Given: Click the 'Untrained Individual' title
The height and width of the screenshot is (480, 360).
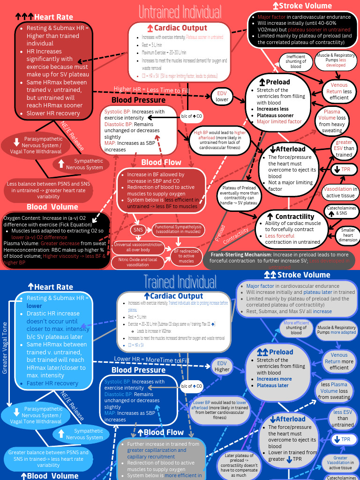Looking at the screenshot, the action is (180, 11).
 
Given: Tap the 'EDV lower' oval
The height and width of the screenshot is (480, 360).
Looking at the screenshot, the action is (222, 96).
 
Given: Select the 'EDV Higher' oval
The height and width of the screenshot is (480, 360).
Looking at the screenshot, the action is (222, 366).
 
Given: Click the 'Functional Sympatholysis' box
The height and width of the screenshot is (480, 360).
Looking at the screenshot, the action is (178, 230).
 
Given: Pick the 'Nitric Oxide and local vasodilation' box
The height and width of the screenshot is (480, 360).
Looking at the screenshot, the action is (137, 262).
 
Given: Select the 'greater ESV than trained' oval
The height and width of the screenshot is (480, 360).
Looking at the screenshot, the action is (344, 149).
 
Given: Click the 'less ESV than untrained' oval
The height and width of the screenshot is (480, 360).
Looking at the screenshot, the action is (343, 418).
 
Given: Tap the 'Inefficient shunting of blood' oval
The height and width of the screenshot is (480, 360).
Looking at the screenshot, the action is (296, 62).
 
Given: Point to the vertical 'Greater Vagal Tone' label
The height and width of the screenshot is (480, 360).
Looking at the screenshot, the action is (5, 347).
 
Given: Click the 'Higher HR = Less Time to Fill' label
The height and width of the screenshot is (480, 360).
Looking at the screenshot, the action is (151, 90).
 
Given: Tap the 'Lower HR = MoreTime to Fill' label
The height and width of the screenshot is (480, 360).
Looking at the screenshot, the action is (152, 360).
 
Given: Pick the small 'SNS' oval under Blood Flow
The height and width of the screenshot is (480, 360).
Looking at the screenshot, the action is (138, 230).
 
